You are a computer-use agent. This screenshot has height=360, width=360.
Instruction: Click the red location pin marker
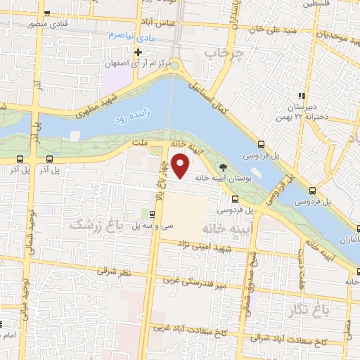(181, 166)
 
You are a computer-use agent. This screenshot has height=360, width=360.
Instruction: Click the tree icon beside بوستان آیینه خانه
(224, 167)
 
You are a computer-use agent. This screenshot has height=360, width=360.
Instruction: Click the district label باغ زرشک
(97, 224)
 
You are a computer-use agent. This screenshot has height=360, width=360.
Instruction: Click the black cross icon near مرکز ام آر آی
(139, 53)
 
